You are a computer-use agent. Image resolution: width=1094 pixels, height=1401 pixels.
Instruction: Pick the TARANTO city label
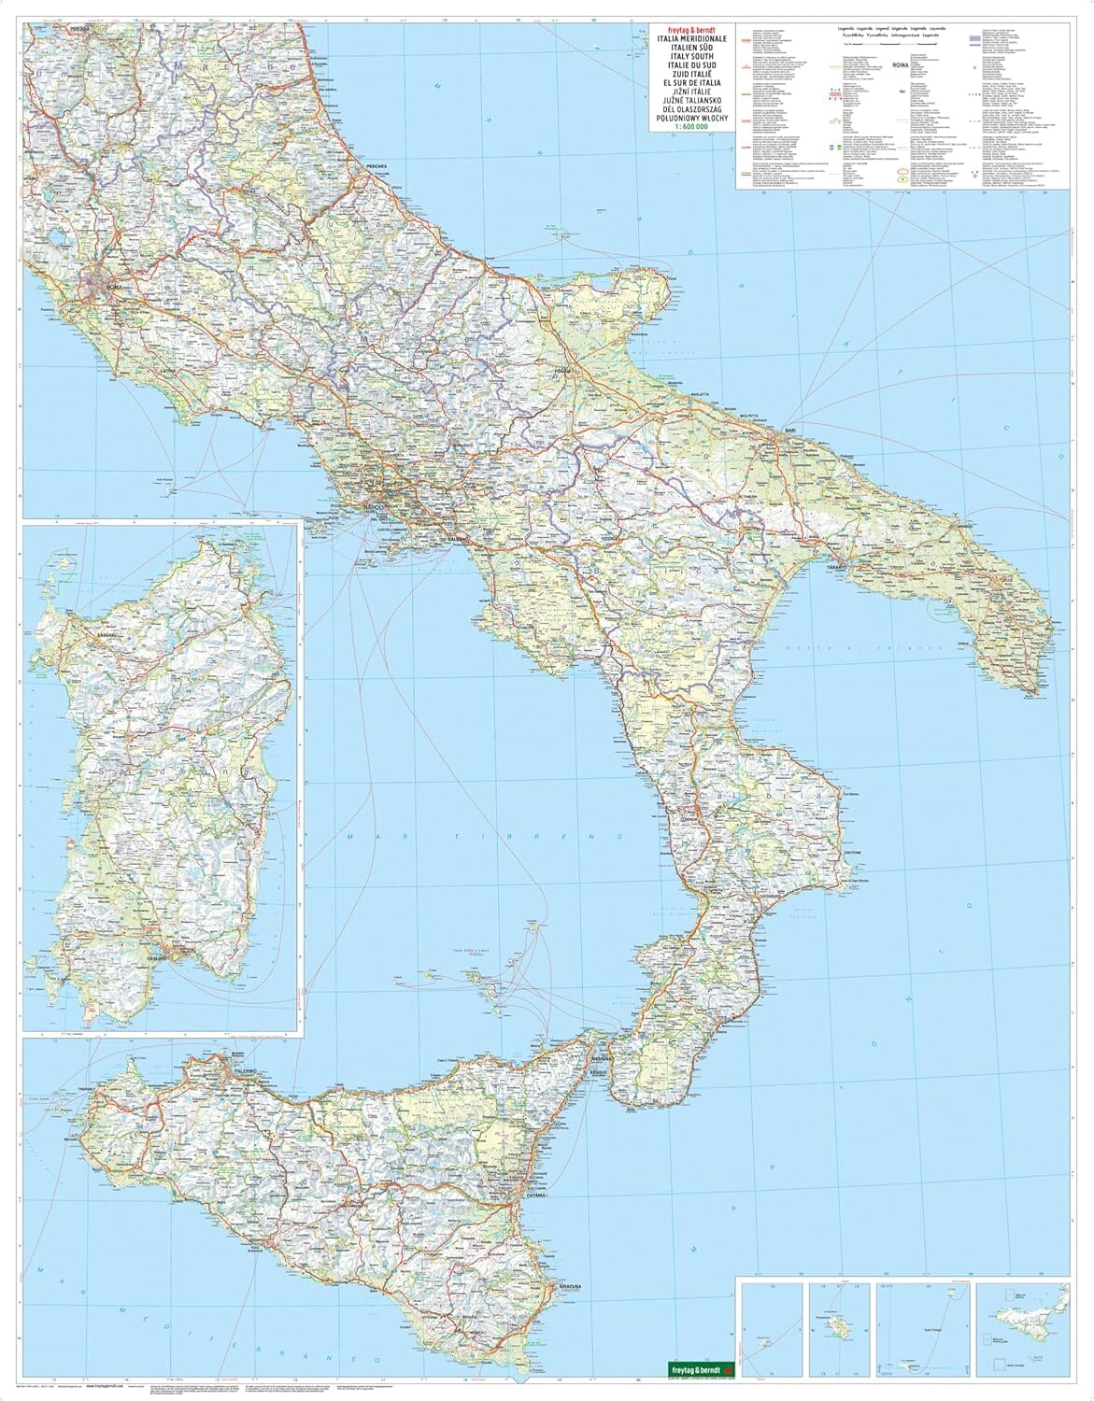pyautogui.click(x=834, y=566)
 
